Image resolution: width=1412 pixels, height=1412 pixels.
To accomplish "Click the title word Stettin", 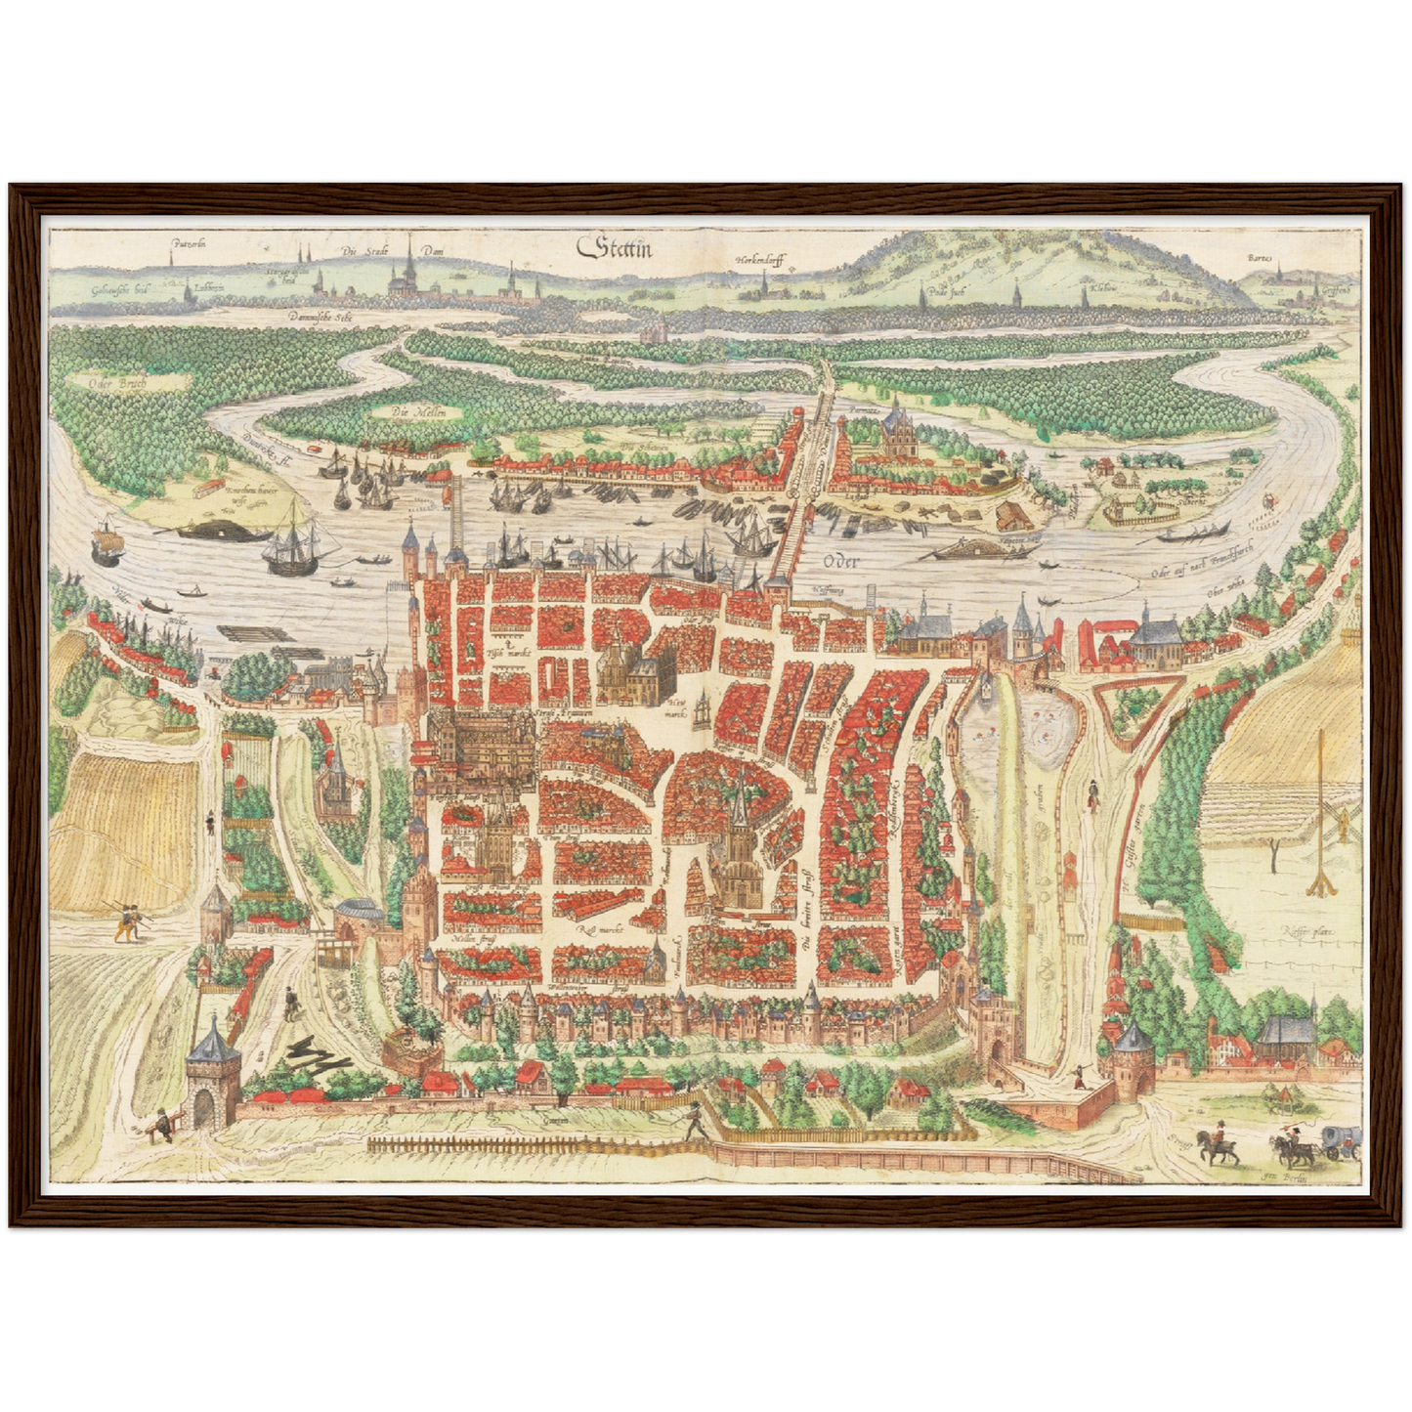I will pos(617,248).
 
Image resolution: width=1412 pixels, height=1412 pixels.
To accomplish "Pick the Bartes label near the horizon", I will pos(1262,259).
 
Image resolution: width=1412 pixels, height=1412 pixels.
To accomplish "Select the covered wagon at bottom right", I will pos(1340,1139).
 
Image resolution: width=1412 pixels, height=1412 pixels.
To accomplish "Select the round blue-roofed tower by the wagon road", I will pos(1134,1057).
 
